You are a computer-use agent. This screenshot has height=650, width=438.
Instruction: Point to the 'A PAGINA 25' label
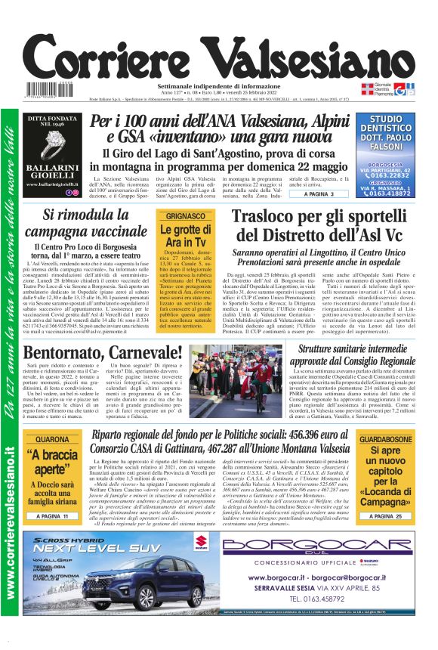pyautogui.click(x=385, y=515)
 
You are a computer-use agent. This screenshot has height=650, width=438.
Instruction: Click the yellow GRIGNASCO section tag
pyautogui.click(x=185, y=215)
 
